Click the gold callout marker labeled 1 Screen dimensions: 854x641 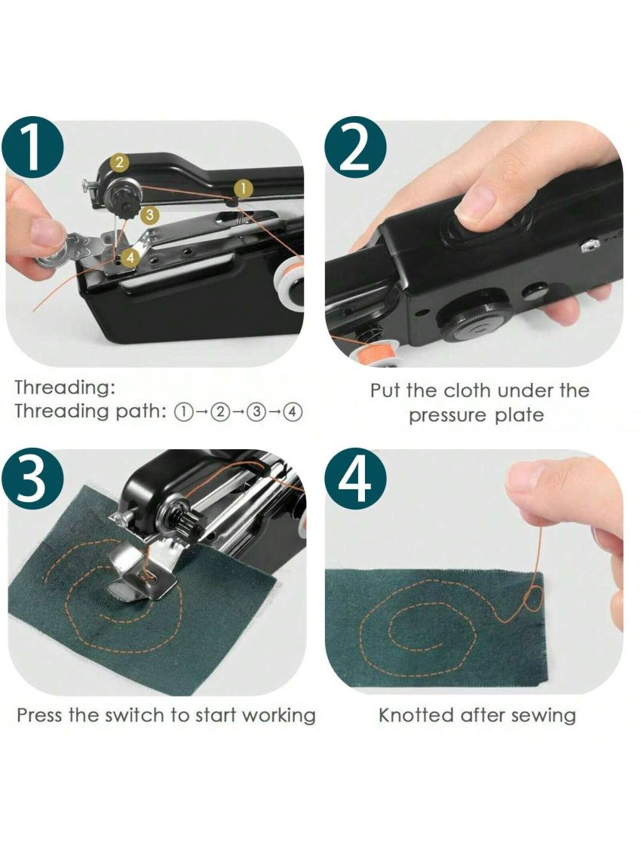243,188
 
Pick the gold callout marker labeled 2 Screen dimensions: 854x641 119,161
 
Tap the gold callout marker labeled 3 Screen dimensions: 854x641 150,215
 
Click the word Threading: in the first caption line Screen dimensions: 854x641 66,388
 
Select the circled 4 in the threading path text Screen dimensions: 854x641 293,412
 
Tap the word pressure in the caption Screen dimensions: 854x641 449,415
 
